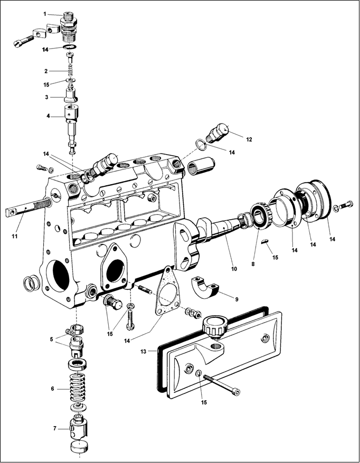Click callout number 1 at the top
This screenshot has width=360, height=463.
[45, 13]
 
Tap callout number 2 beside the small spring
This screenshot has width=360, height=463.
[46, 71]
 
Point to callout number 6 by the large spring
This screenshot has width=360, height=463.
[52, 388]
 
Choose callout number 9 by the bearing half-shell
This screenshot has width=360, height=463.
[237, 299]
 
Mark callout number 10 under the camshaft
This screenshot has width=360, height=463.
[234, 269]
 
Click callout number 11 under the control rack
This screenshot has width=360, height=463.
[15, 236]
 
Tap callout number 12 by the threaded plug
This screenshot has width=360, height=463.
[249, 139]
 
